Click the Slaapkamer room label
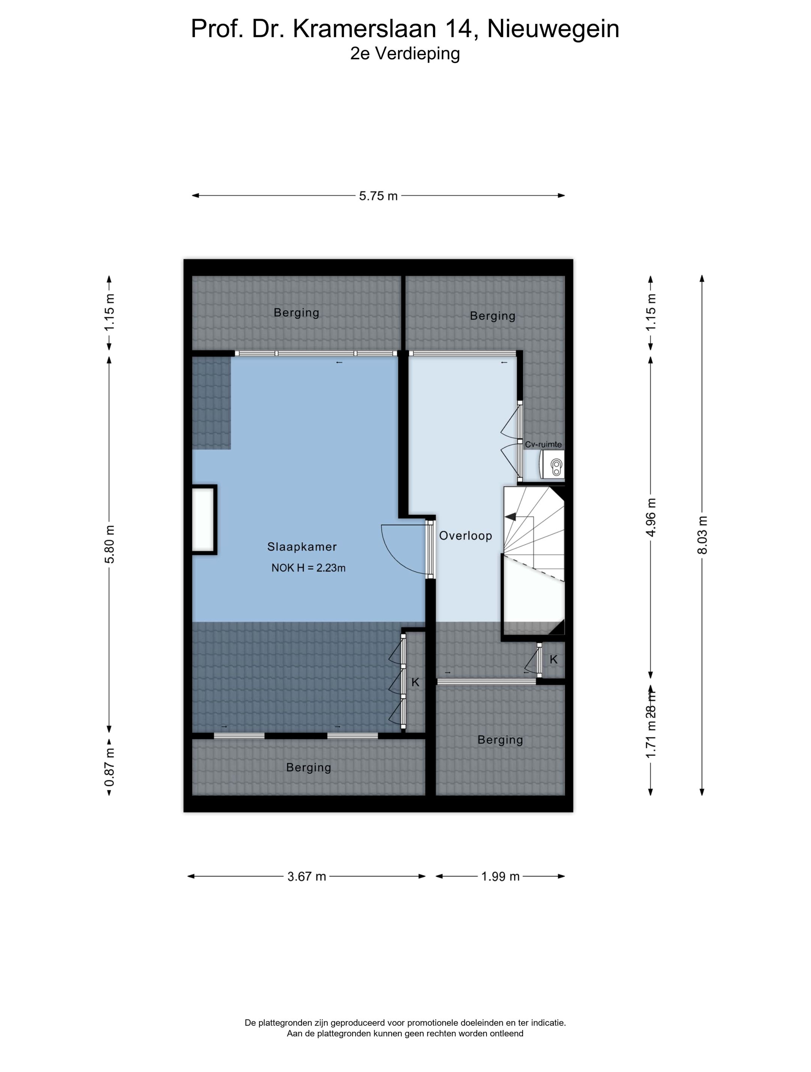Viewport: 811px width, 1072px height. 302,547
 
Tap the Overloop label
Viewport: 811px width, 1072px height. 466,535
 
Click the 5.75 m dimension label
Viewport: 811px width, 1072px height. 378,196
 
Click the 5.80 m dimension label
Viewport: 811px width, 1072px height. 110,544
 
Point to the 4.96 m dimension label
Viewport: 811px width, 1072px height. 651,517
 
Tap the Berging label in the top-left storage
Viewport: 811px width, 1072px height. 297,312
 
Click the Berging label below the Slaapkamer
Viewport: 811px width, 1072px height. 309,767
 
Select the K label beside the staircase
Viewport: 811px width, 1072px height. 554,659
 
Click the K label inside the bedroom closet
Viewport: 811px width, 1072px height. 415,682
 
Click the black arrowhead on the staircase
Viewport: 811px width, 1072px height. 510,517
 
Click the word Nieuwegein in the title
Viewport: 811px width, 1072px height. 553,29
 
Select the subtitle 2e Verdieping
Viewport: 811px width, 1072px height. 405,53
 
